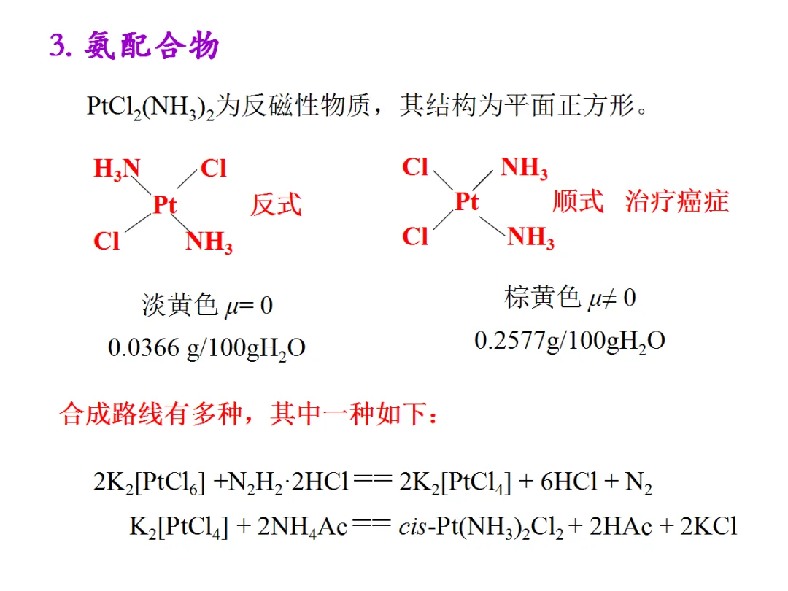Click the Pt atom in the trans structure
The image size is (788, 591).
click(164, 205)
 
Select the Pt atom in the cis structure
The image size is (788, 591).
click(466, 201)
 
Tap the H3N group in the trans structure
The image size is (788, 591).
click(117, 170)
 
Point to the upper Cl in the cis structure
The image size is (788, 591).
click(415, 167)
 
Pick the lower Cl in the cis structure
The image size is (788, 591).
click(415, 236)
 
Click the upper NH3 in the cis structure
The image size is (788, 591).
click(524, 169)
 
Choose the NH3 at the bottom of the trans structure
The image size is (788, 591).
click(209, 242)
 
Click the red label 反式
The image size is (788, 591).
click(276, 204)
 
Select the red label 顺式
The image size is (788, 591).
click(578, 201)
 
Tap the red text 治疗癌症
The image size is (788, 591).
click(676, 201)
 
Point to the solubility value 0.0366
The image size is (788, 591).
click(144, 347)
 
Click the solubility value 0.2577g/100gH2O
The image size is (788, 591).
click(569, 341)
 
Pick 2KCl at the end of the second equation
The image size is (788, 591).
click(708, 527)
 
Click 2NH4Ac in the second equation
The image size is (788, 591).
click(303, 528)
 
